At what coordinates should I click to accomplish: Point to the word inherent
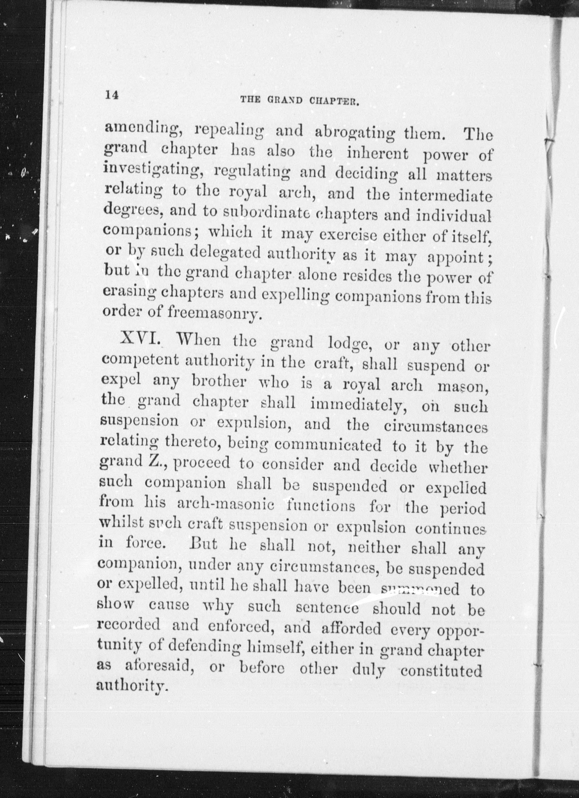[x=378, y=154]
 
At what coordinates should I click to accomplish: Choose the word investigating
[x=153, y=171]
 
